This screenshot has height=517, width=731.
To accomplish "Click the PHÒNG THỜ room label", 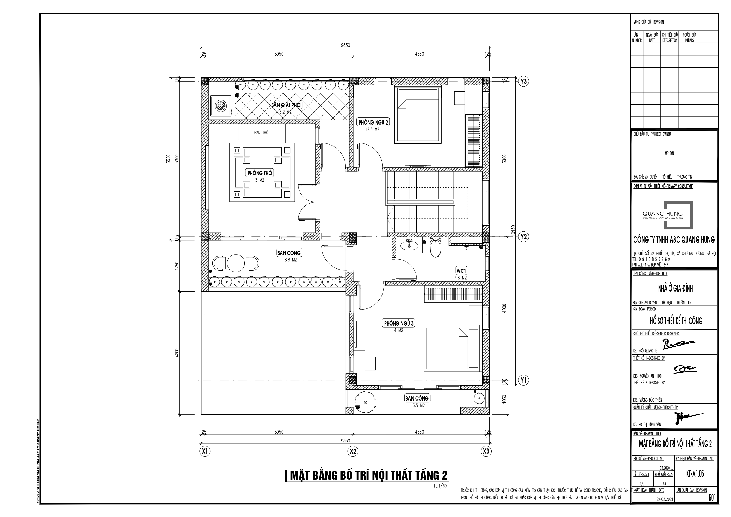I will click(x=260, y=173).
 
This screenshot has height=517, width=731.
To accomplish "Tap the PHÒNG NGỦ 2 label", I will click(x=373, y=122).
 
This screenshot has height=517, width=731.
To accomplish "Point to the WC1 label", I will click(x=461, y=271).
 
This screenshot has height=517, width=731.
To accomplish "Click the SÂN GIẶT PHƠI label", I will click(x=286, y=105).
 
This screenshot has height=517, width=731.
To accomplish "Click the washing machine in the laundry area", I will click(x=220, y=105).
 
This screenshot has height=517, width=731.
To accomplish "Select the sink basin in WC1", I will click(x=409, y=245).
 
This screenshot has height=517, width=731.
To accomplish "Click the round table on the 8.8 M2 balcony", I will click(x=236, y=263).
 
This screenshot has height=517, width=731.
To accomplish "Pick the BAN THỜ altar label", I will click(x=262, y=133).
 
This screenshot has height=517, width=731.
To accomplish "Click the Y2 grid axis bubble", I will click(x=523, y=237).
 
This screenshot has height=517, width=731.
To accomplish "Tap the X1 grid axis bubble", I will click(x=205, y=451).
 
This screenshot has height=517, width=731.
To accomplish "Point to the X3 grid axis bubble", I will click(x=486, y=451).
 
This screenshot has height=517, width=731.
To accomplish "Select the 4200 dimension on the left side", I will click(x=177, y=353).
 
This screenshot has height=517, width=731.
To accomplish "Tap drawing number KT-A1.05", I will click(x=695, y=474).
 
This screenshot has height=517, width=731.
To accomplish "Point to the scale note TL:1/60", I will click(x=440, y=486).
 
